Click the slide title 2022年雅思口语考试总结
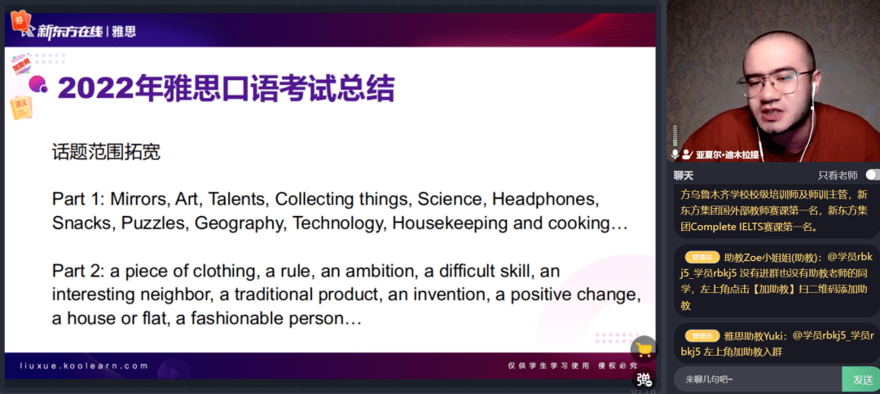coord(227,88)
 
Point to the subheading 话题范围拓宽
coord(106,152)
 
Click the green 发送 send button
coord(862,379)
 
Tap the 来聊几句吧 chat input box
coord(758,379)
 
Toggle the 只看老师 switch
coord(872,175)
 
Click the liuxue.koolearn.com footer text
coord(84,366)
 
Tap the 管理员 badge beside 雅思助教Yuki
coord(702,336)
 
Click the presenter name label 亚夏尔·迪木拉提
coord(728,154)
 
